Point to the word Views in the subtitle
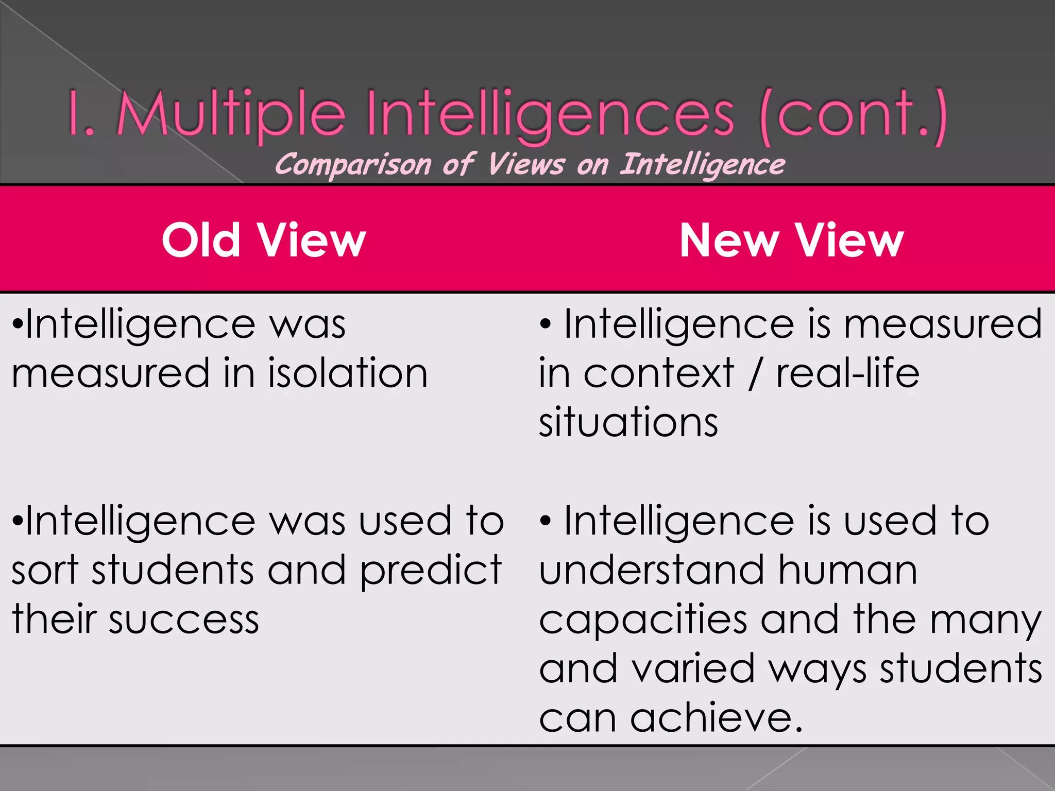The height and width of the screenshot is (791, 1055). coord(526,165)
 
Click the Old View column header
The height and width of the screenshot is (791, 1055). coord(263,240)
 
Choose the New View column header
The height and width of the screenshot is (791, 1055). coord(791,240)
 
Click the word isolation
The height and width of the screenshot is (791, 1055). coord(348,373)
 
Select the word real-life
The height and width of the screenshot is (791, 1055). coord(847,373)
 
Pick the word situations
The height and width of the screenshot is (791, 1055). coord(628,422)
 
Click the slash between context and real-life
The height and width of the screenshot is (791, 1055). coord(754,374)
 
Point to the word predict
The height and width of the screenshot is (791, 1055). coord(431,571)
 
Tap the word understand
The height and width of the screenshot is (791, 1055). coord(652,571)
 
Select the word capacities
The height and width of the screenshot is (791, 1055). coord(643,621)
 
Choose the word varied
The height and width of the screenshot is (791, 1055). coord(692,669)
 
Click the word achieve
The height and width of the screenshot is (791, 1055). coord(716,718)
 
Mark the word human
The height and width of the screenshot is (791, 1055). coord(848,571)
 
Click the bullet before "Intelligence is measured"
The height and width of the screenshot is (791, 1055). coord(546,325)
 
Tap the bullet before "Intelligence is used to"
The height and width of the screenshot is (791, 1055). coord(546,522)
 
